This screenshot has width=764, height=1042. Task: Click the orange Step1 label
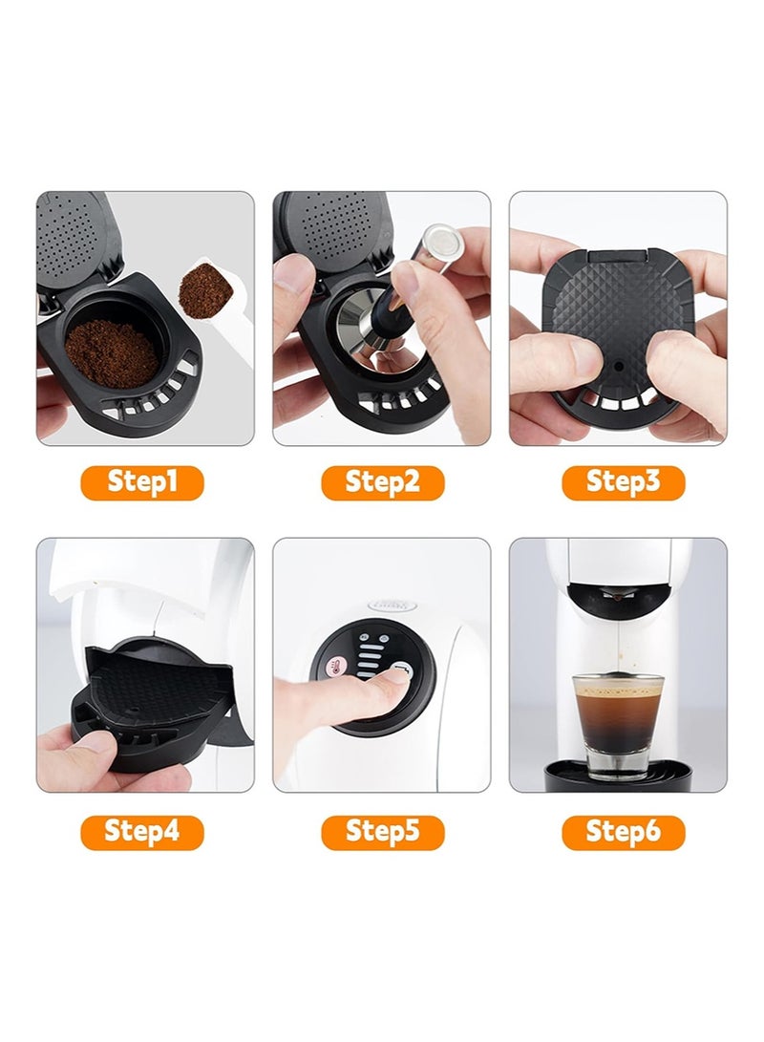tap(142, 482)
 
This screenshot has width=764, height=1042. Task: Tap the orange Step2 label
tap(383, 482)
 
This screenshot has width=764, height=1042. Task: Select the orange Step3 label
tap(624, 482)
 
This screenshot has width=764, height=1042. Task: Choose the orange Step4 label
tap(142, 833)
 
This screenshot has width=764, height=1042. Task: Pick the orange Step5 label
tap(383, 833)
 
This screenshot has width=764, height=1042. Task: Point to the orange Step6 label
tap(624, 833)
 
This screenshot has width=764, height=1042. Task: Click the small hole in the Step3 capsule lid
tap(619, 366)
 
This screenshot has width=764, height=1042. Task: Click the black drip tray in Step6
tap(618, 776)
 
